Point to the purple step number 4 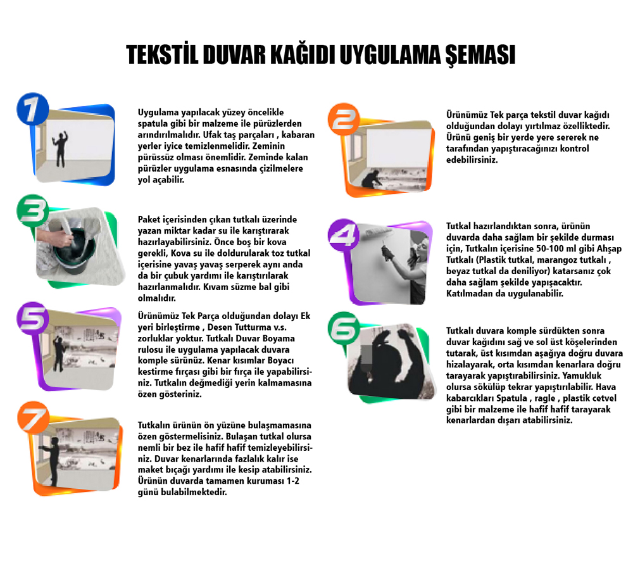(x=344, y=234)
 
